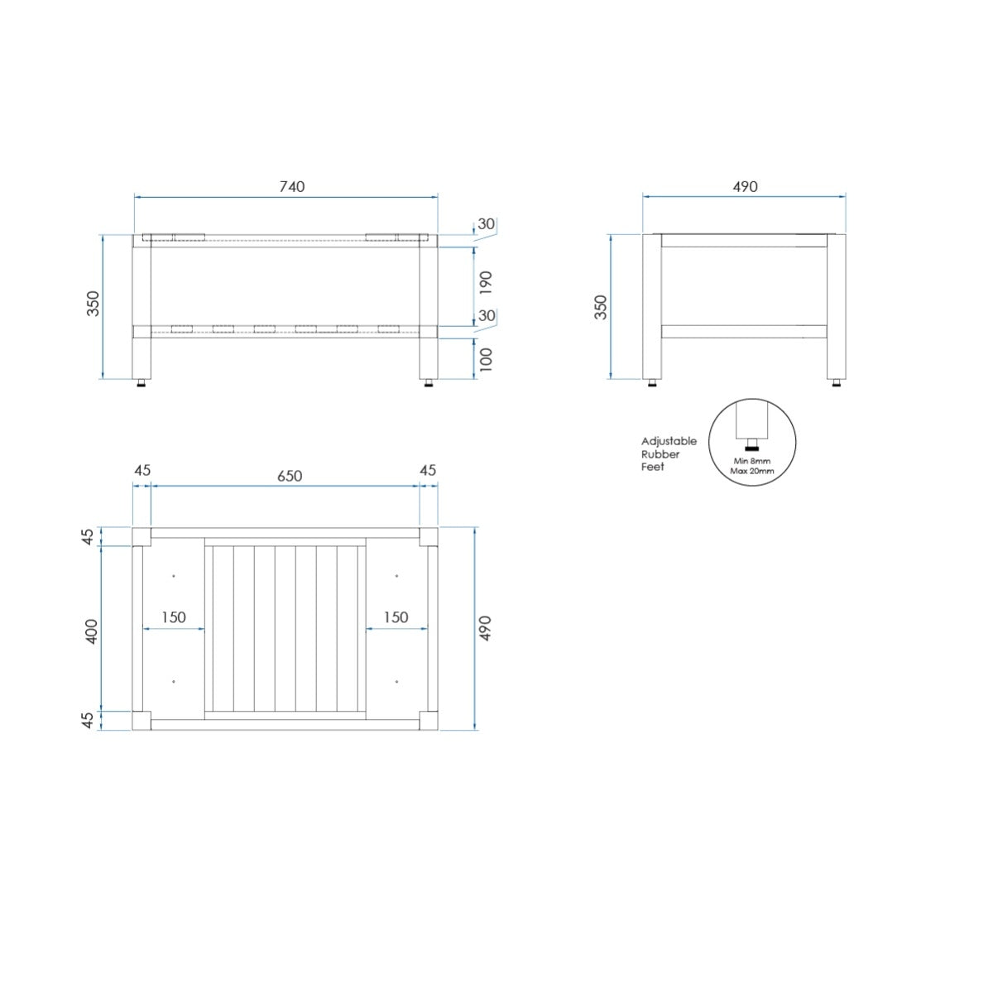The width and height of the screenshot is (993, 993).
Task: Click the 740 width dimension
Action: point(291,186)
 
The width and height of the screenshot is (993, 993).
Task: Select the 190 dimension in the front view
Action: point(486,282)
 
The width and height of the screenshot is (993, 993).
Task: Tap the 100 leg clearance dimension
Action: point(486,359)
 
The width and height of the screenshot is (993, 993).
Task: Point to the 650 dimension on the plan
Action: point(290,476)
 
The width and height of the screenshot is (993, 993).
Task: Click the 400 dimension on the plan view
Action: point(91,631)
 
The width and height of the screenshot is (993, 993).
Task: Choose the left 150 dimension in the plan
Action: point(173,616)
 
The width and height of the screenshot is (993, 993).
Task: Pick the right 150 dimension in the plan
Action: point(396,616)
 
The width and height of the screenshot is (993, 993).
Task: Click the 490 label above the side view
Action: point(745,186)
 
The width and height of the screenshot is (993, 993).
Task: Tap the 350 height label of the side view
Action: point(601,307)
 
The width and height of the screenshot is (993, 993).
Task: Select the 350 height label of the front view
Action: point(93,304)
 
